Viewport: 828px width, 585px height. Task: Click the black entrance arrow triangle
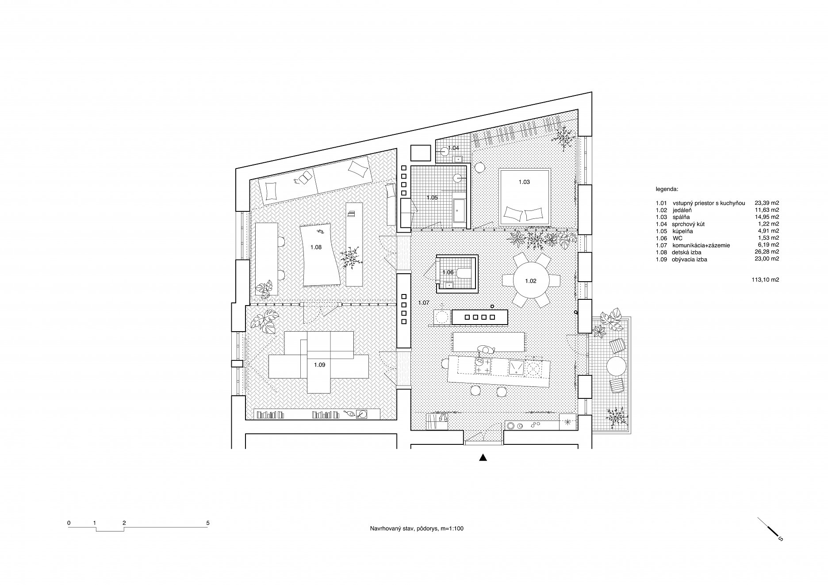483,458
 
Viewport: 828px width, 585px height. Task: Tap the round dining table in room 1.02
531,280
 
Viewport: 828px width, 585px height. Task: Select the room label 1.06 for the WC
448,272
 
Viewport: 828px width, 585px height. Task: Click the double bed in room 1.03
525,196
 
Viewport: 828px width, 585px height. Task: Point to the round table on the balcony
616,366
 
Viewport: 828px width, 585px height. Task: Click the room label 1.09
319,365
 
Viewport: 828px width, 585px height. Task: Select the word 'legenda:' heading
667,189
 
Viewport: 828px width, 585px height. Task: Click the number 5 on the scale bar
208,523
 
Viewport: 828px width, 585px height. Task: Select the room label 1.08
316,247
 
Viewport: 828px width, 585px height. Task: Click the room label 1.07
424,303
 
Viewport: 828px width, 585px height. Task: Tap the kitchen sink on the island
516,367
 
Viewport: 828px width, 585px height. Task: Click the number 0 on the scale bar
69,523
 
